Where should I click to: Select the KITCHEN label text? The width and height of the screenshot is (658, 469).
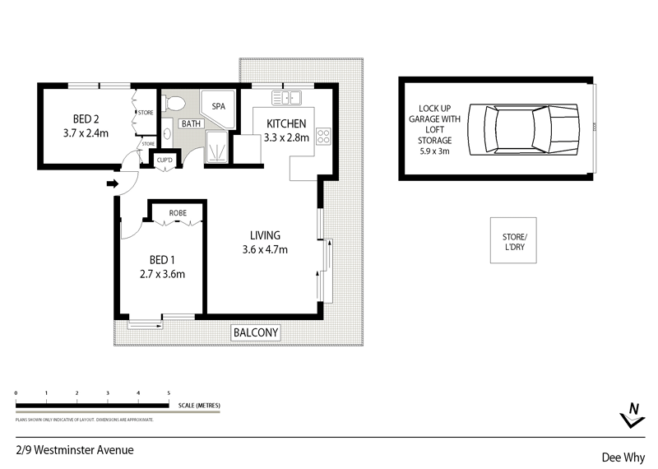pyautogui.click(x=286, y=124)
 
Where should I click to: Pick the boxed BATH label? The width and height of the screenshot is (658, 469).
pyautogui.click(x=192, y=124)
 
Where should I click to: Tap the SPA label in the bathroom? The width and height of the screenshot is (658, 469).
pyautogui.click(x=219, y=107)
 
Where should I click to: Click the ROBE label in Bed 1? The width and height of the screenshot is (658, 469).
pyautogui.click(x=178, y=213)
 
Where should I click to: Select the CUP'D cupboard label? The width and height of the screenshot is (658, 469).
pyautogui.click(x=164, y=160)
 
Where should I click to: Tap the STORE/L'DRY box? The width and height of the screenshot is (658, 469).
pyautogui.click(x=513, y=240)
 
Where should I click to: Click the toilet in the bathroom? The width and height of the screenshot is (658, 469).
pyautogui.click(x=174, y=104)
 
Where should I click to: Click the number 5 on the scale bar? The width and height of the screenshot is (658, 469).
pyautogui.click(x=169, y=394)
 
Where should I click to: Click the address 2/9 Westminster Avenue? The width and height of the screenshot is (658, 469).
pyautogui.click(x=74, y=450)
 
